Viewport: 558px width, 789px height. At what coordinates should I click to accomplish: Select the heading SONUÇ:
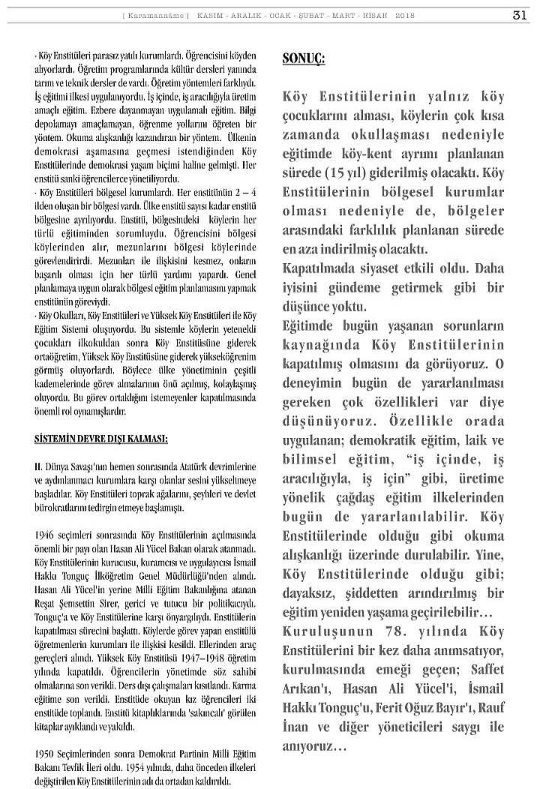(304, 59)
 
